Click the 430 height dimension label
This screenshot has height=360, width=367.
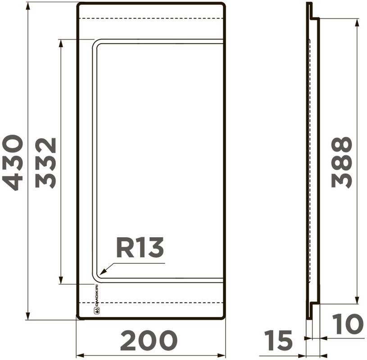(13, 163)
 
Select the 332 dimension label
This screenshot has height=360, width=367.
(45, 163)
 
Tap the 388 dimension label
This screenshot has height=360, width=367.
(342, 162)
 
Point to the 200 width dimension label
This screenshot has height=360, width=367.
(149, 340)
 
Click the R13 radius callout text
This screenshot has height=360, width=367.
(140, 247)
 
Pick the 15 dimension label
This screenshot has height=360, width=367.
(278, 340)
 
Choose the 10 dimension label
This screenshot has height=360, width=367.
(348, 324)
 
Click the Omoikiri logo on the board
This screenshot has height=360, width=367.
(96, 299)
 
